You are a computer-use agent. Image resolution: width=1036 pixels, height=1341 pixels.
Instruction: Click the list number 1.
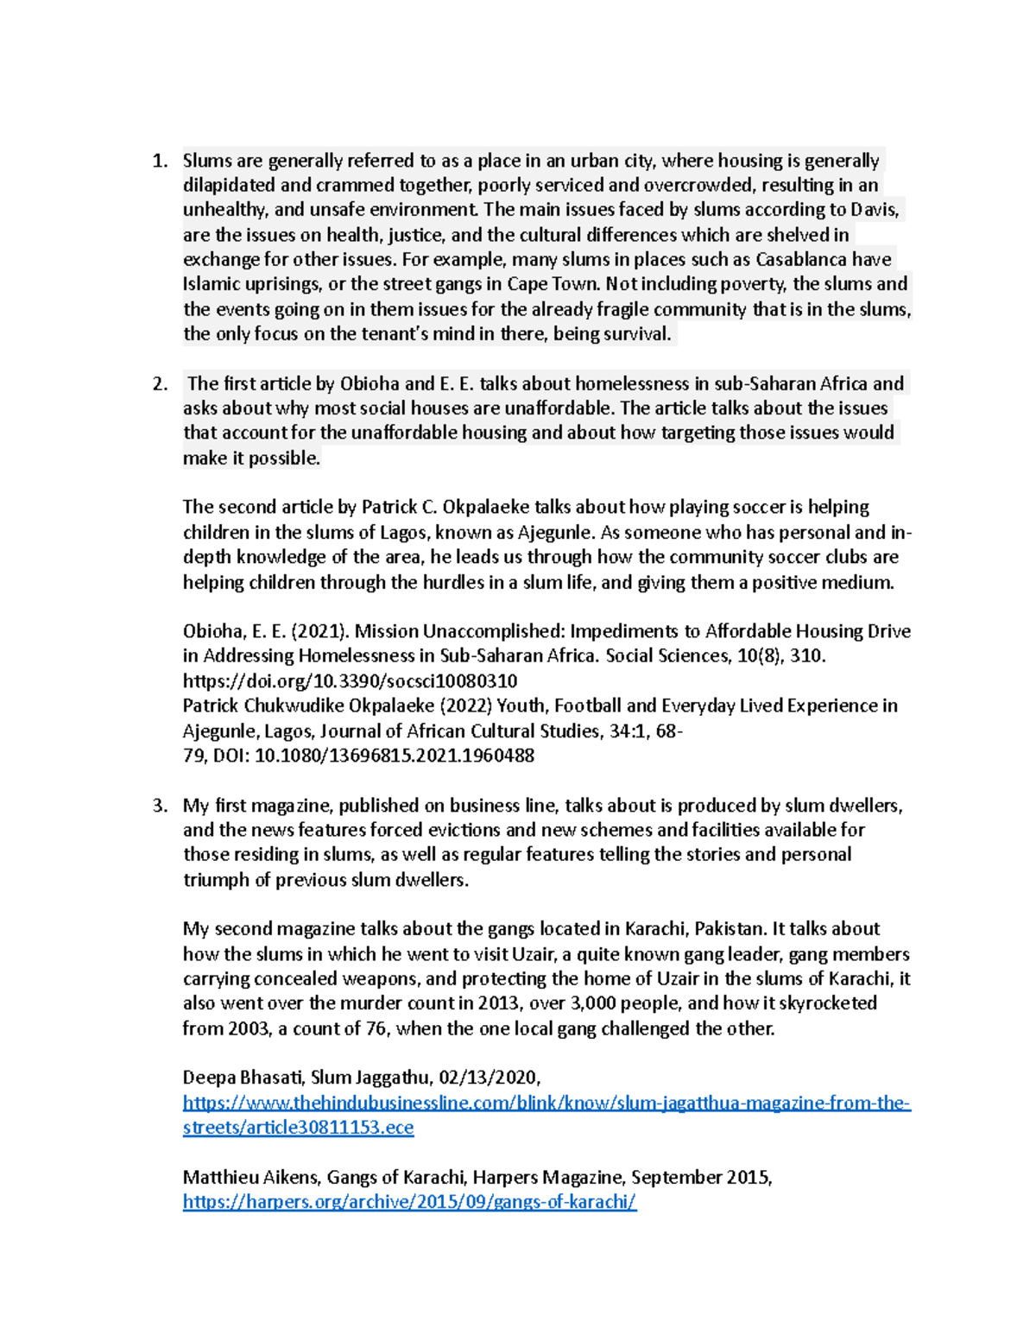pyautogui.click(x=158, y=161)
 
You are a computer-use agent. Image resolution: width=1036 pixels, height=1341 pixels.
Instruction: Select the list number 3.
pyautogui.click(x=158, y=806)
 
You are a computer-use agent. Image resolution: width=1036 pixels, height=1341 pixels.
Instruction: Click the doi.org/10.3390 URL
pyautogui.click(x=350, y=681)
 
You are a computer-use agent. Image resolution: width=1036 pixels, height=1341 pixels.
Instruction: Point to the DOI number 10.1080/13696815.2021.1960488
pyautogui.click(x=395, y=756)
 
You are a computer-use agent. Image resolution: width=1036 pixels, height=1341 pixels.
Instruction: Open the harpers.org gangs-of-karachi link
pyautogui.click(x=409, y=1202)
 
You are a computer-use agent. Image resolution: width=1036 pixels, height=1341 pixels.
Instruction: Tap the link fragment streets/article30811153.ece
pyautogui.click(x=298, y=1128)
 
